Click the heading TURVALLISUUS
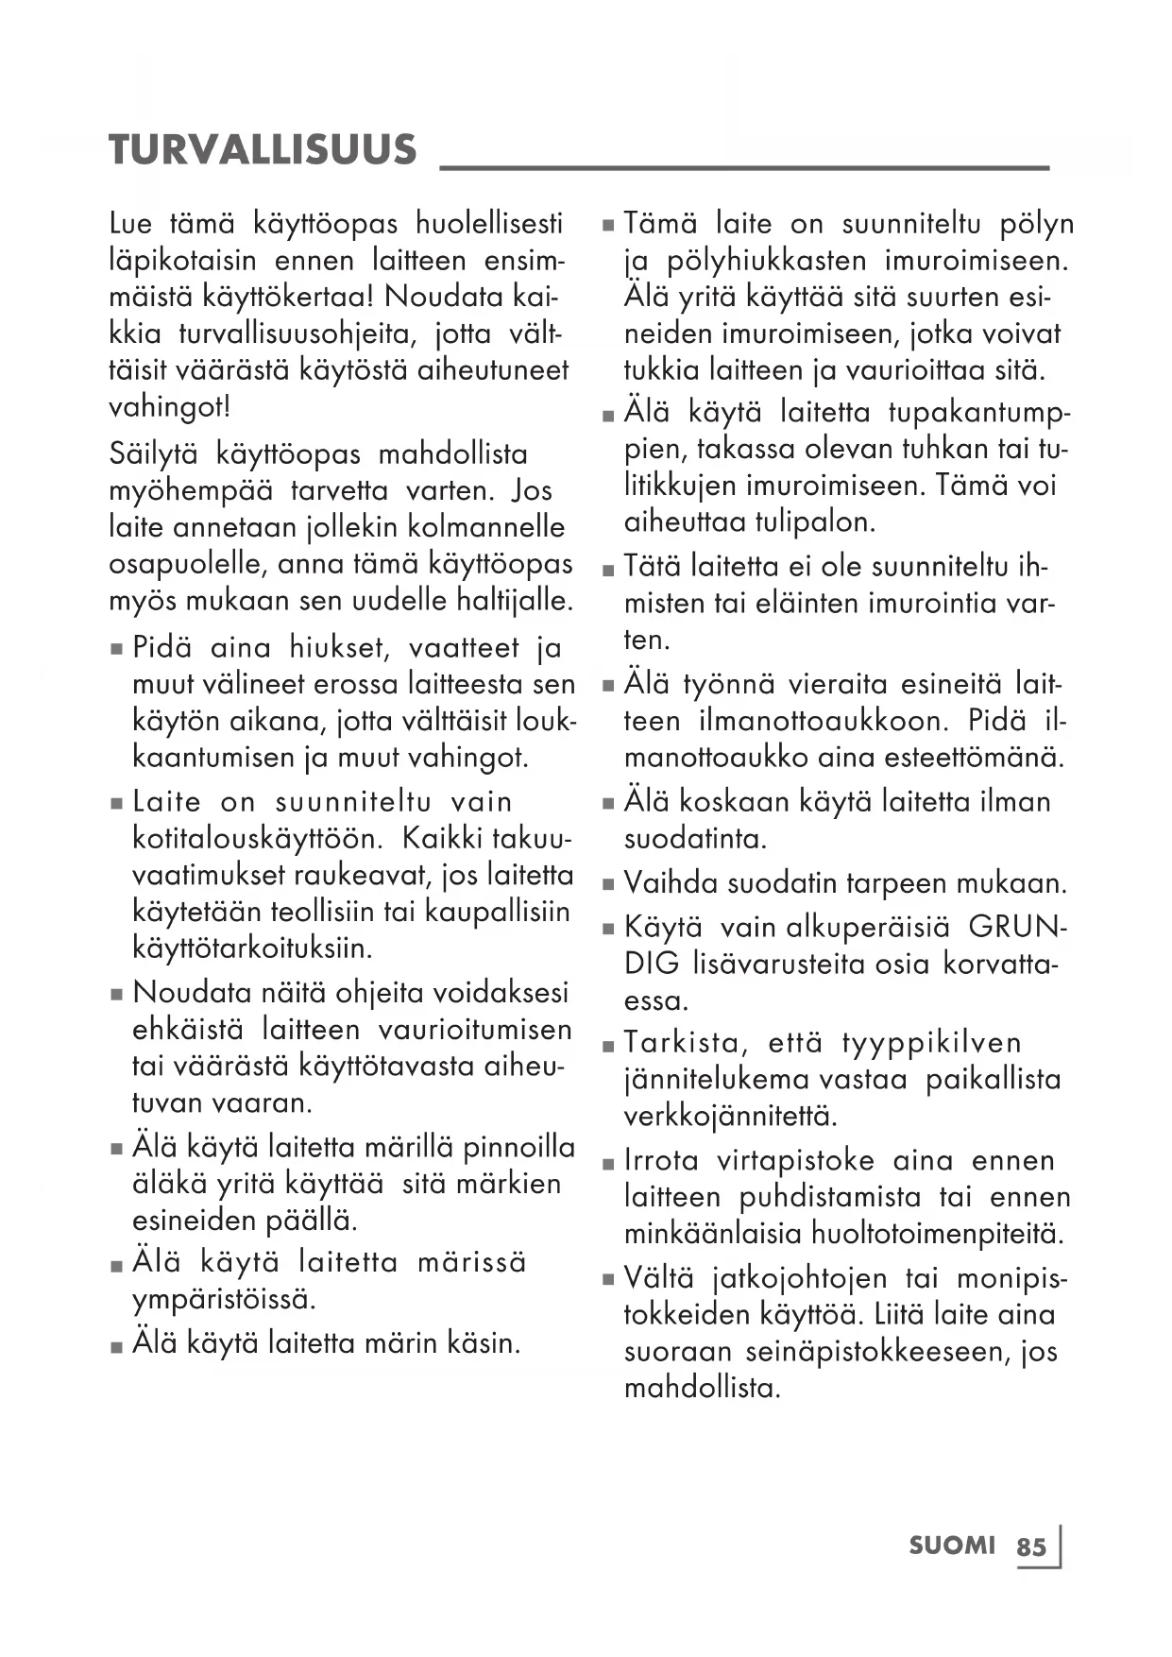(263, 150)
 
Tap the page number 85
(1031, 1546)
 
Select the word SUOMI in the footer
(952, 1546)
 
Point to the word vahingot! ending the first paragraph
(169, 407)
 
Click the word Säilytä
(153, 454)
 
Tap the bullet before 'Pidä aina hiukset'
(117, 650)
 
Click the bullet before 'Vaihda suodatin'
(608, 886)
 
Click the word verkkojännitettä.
(731, 1116)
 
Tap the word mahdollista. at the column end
(702, 1389)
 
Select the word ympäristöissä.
(224, 1299)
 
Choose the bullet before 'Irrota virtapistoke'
(608, 1163)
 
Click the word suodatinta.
(695, 839)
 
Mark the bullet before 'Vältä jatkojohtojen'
(608, 1281)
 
